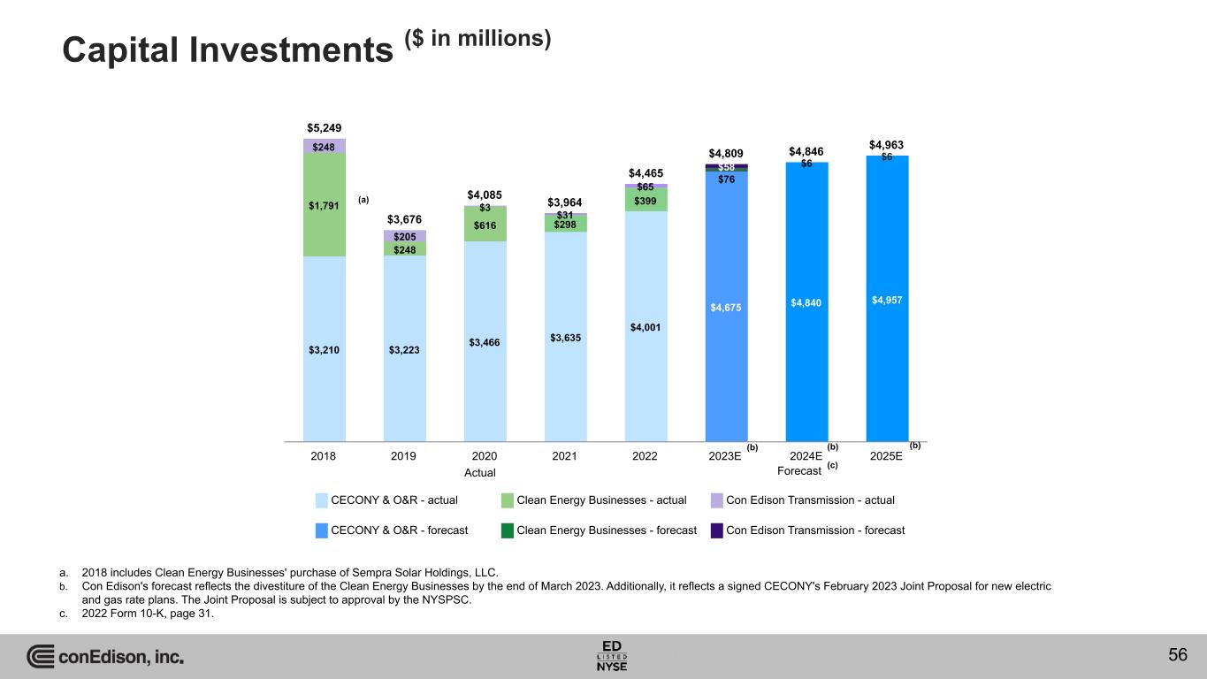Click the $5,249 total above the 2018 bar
(324, 127)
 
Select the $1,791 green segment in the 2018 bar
(324, 206)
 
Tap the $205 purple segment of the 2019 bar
(404, 236)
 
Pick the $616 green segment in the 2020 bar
(485, 225)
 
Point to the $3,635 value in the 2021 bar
(565, 337)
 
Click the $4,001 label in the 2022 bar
(646, 327)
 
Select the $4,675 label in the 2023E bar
(726, 308)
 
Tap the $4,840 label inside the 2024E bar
(806, 303)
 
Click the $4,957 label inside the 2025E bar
(887, 301)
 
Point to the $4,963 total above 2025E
(886, 144)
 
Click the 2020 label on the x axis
(485, 456)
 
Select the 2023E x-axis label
(725, 456)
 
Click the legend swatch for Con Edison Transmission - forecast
(717, 530)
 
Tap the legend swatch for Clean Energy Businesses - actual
(508, 500)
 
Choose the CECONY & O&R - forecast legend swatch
(322, 530)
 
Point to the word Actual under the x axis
(480, 473)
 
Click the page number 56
(1177, 655)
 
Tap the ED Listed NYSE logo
(613, 655)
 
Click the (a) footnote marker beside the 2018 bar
(363, 200)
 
